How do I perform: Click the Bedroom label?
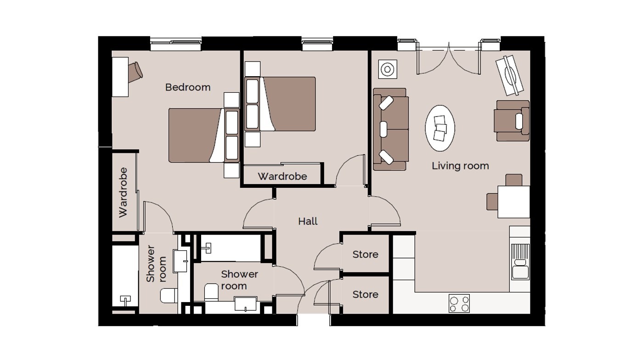tap(188, 87)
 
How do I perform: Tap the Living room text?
tap(460, 166)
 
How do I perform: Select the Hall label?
tap(308, 221)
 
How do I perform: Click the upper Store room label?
tap(365, 254)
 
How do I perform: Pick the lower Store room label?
tap(365, 294)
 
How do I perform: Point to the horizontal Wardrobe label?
tap(282, 176)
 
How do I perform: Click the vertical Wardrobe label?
tap(123, 192)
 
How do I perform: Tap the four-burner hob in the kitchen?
tap(459, 303)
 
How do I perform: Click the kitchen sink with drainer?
tap(520, 262)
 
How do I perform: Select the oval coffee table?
tap(440, 128)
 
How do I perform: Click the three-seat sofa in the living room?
tap(391, 129)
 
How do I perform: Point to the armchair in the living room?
tap(512, 121)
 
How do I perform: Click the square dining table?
tap(513, 202)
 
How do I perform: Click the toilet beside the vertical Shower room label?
tap(169, 296)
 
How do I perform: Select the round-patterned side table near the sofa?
tap(388, 69)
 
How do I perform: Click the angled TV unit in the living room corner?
tap(509, 75)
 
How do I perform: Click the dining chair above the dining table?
tap(514, 180)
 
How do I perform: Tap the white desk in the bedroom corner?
tap(120, 77)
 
